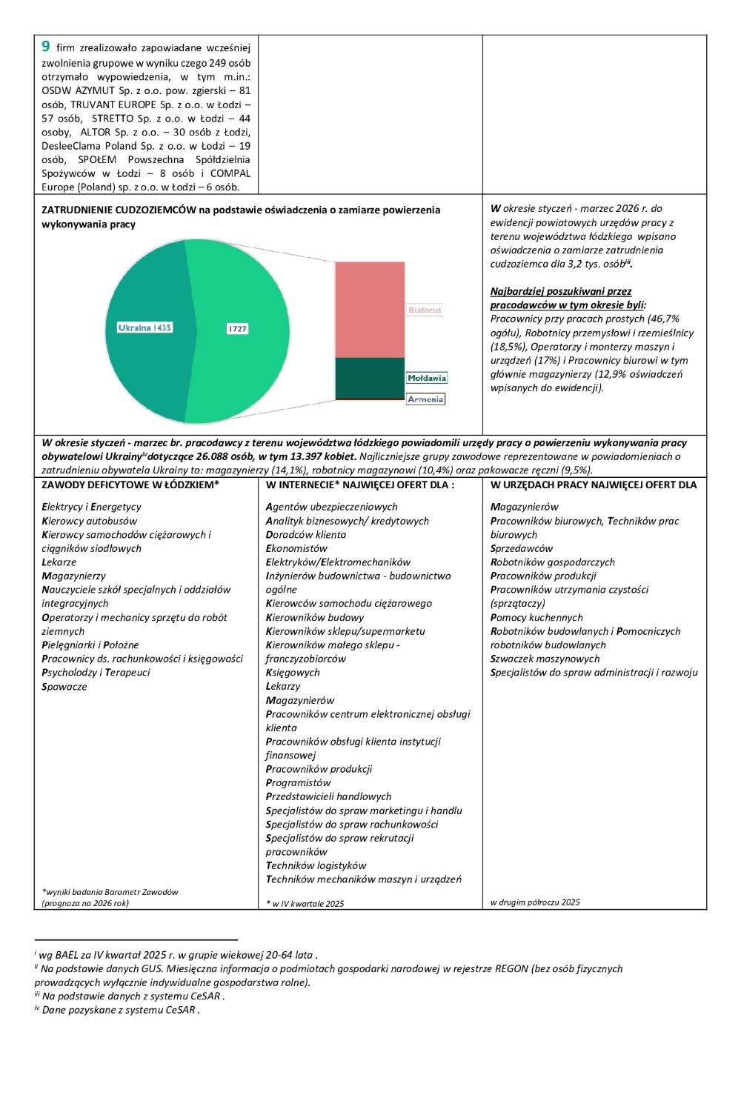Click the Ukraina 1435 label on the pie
coord(144,327)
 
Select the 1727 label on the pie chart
coord(236,328)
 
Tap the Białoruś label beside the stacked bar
coord(425,310)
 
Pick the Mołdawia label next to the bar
coord(427,378)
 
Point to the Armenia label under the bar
coord(425,399)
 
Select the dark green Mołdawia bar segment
coord(370,378)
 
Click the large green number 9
coord(46,46)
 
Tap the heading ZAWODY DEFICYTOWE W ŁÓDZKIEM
coord(130,485)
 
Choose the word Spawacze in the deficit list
coord(64,687)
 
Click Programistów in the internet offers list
coord(298,783)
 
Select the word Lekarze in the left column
coord(59,562)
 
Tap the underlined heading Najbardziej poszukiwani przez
coord(561,291)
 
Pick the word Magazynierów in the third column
coord(524,507)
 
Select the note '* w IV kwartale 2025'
coord(305,903)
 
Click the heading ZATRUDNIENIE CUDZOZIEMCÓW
coord(119,210)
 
